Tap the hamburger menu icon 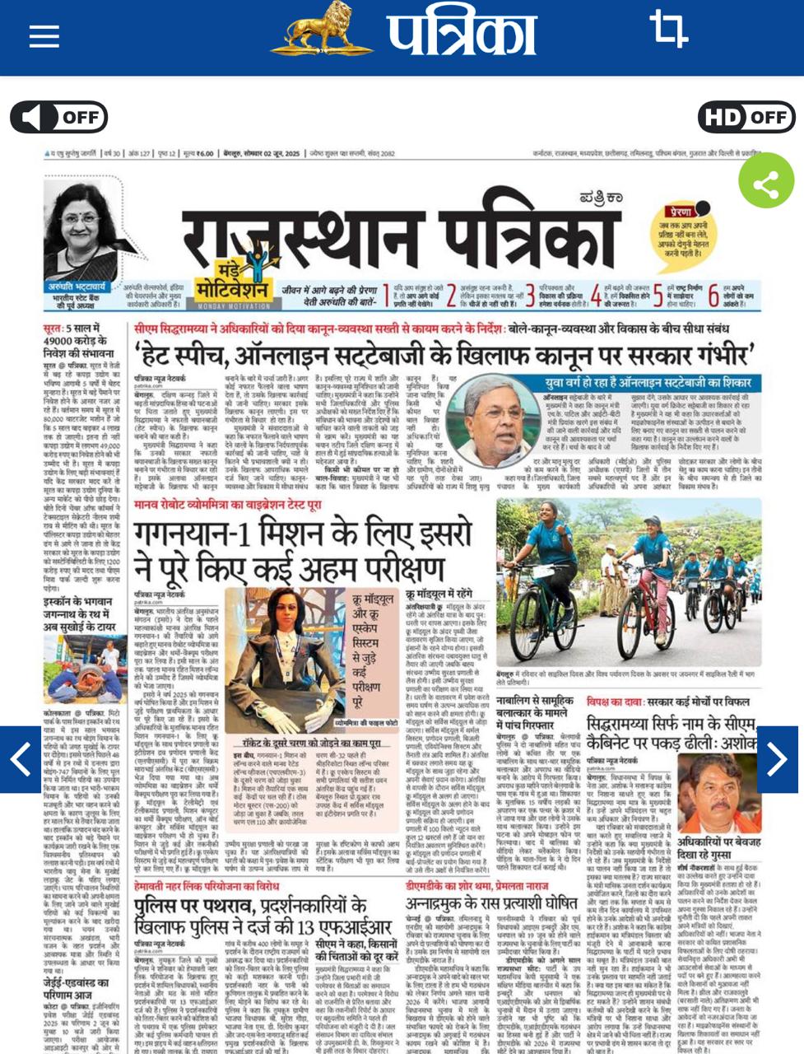[44, 35]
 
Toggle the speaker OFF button [58, 118]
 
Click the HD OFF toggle [746, 118]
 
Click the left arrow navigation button [21, 759]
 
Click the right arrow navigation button [777, 759]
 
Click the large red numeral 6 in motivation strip [713, 294]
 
